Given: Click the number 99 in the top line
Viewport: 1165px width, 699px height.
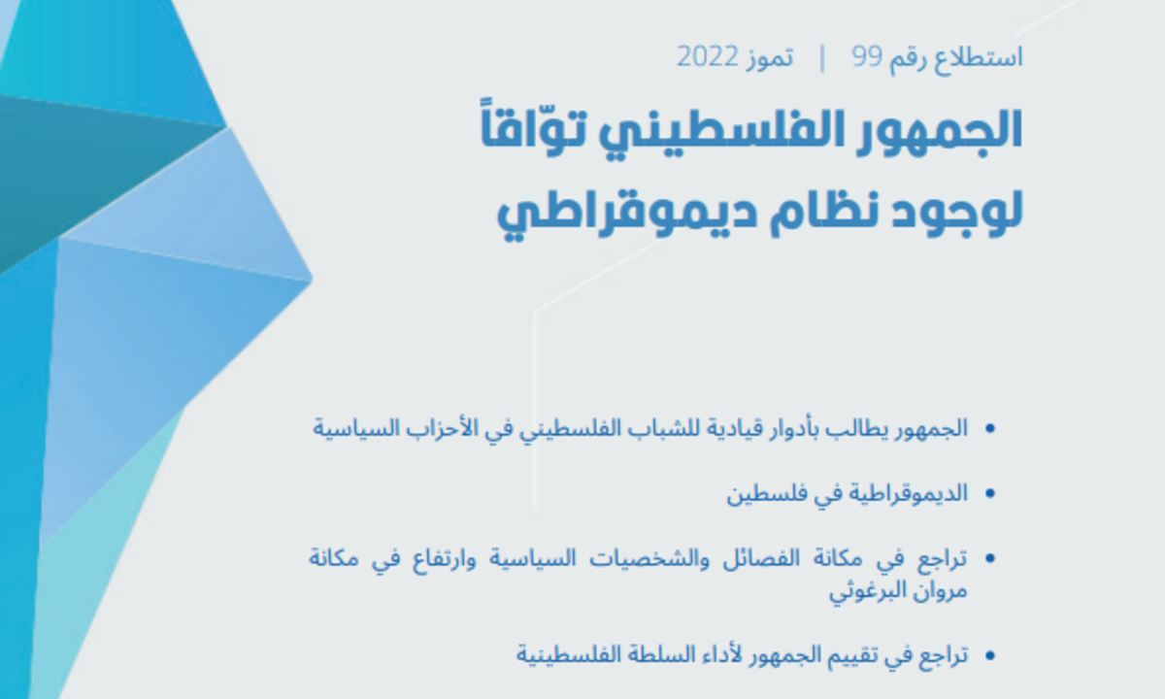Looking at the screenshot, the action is click(867, 56).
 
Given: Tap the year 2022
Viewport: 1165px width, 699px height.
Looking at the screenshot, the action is click(708, 56).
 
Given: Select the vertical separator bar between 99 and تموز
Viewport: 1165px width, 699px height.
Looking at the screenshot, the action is click(822, 58).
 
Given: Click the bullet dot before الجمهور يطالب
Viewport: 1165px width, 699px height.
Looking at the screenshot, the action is click(990, 429).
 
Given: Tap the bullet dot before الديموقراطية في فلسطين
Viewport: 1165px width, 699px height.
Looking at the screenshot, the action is click(990, 493).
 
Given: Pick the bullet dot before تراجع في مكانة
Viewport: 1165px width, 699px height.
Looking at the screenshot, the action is click(990, 558).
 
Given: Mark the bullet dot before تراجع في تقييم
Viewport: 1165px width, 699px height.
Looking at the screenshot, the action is click(990, 655).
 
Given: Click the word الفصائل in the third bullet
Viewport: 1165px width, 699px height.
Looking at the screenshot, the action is click(761, 558).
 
